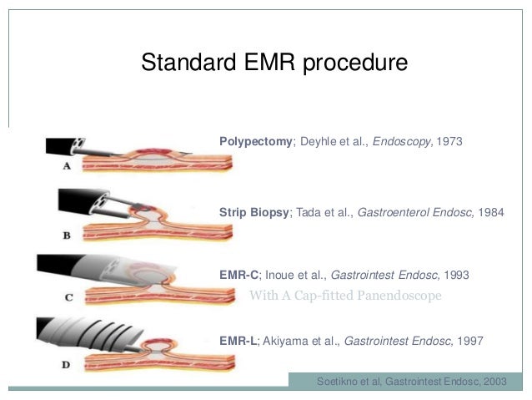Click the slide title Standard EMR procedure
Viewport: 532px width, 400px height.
coord(274,63)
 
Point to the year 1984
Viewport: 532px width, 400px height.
coord(491,213)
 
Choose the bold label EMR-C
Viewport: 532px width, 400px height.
coord(238,274)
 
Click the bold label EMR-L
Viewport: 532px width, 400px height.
coord(238,341)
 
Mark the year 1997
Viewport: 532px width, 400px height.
coord(468,341)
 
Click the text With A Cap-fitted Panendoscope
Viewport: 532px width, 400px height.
coord(344,296)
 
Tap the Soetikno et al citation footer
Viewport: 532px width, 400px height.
coord(411,381)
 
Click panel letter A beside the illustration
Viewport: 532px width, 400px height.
coord(66,166)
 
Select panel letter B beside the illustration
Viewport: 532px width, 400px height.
coord(67,235)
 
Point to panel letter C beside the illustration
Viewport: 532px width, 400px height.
coord(68,296)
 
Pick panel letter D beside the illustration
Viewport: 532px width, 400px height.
coord(66,364)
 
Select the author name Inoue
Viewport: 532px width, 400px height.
coord(281,274)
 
